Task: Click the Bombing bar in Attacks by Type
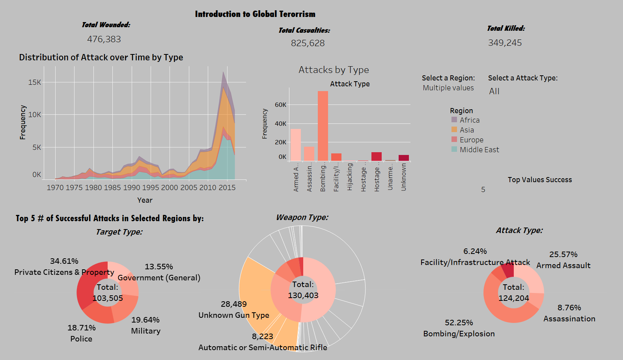tap(323, 126)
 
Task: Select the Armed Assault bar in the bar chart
tap(296, 145)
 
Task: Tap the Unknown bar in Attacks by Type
tap(404, 158)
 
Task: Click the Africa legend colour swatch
tap(454, 120)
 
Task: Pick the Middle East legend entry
tap(479, 150)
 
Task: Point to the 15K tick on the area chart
tap(35, 82)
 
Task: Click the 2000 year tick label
tap(170, 188)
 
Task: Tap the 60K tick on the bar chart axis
tap(281, 105)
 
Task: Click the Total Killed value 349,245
tap(505, 43)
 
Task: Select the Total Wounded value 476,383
tap(104, 39)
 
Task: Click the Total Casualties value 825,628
tap(308, 43)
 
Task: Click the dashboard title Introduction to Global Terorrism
tap(255, 14)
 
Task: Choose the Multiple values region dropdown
tap(448, 88)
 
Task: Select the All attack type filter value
tap(494, 91)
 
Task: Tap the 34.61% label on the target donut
tap(64, 261)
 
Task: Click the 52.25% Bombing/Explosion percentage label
tap(459, 323)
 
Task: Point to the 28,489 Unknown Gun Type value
tap(234, 304)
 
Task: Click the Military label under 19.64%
tap(146, 331)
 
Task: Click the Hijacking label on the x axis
tap(350, 177)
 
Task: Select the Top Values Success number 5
tap(483, 190)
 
